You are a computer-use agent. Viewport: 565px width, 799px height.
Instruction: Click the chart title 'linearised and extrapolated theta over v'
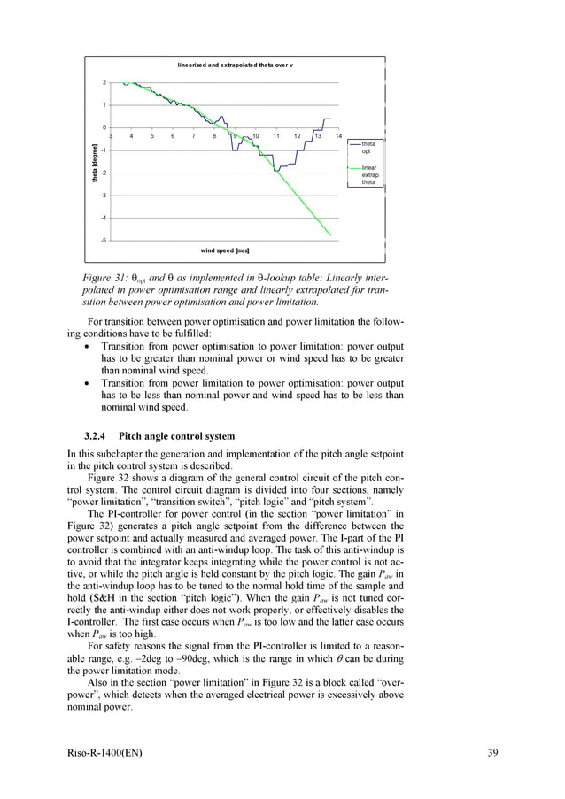point(235,65)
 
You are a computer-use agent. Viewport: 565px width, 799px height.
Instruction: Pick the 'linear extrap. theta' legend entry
point(369,175)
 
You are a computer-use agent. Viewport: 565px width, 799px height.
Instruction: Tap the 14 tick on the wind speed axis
point(338,136)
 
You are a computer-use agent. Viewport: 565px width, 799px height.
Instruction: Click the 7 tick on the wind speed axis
point(193,136)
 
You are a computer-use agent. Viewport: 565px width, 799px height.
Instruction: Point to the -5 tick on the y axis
point(104,240)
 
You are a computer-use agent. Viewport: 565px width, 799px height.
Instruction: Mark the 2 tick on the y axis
point(104,82)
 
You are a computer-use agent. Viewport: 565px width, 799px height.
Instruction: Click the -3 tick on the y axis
point(104,195)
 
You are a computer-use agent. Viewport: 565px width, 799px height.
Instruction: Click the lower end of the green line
point(330,234)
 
